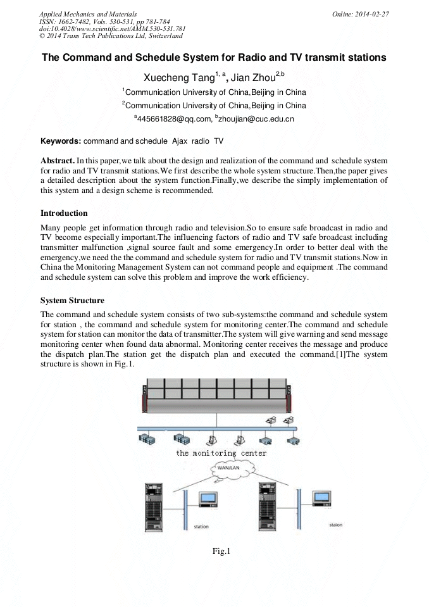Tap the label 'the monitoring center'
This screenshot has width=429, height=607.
click(x=221, y=453)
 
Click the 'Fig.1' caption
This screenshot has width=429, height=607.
click(x=221, y=551)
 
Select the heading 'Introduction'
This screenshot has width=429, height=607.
click(x=64, y=213)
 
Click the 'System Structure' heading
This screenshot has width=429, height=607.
click(x=72, y=300)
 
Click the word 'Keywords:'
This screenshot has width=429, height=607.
click(x=61, y=140)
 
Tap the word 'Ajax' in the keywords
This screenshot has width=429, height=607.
click(x=173, y=140)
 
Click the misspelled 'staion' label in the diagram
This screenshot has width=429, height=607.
click(x=336, y=525)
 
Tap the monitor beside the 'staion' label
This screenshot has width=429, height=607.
click(x=323, y=499)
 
